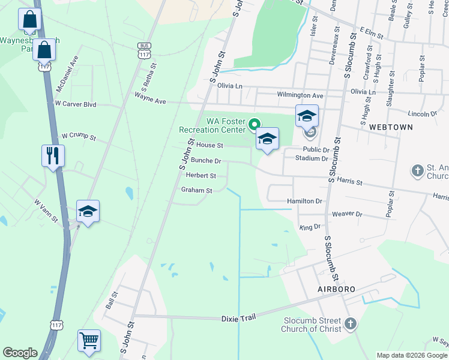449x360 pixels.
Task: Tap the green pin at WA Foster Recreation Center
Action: click(x=254, y=124)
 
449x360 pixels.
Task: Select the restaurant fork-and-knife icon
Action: click(x=53, y=156)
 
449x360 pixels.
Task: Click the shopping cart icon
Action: click(x=89, y=341)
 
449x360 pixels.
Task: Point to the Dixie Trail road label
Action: click(x=239, y=319)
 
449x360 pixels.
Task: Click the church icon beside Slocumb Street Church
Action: click(x=351, y=325)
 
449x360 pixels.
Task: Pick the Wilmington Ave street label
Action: click(x=300, y=95)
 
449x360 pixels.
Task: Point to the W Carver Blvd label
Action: click(x=75, y=104)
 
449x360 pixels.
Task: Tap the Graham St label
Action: click(x=197, y=190)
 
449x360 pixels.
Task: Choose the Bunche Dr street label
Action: click(x=206, y=161)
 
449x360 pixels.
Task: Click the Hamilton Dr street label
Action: click(x=304, y=202)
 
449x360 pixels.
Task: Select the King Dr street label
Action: click(x=310, y=227)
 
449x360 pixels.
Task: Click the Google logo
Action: click(x=20, y=353)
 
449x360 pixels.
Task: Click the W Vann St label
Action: click(x=46, y=211)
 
